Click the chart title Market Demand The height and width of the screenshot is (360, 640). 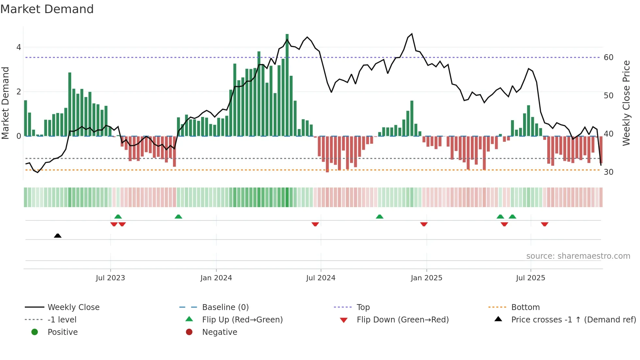pos(47,9)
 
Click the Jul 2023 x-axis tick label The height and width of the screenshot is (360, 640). pos(110,278)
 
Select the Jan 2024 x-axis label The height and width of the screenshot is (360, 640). pos(216,278)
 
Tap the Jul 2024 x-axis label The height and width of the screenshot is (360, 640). pos(321,278)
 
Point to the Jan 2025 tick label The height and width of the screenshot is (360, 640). pos(426,278)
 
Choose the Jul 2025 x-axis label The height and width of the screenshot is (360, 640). pos(531,278)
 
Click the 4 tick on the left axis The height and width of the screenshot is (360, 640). pos(19,47)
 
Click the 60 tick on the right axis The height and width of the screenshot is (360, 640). pos(608,57)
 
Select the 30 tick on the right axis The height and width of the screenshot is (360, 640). pos(608,172)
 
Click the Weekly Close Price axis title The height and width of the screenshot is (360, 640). pos(626,103)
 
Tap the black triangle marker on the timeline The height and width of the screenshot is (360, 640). pos(58,236)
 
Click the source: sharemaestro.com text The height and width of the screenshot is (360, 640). pos(578,256)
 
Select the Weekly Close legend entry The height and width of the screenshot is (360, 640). pos(73,307)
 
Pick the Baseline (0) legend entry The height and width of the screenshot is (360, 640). pos(225,307)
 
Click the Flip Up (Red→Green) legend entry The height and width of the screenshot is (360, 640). pos(242,320)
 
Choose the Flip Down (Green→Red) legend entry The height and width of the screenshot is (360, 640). pos(403,320)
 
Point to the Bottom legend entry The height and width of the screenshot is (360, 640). pos(525,307)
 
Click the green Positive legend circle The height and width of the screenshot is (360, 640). pos(35,332)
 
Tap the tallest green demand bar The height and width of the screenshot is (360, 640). pos(287,85)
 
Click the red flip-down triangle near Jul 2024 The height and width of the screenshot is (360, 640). pos(315,224)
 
